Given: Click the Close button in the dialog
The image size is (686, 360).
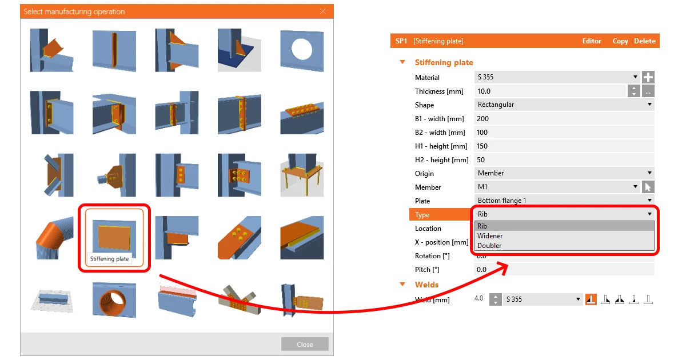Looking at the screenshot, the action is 305,344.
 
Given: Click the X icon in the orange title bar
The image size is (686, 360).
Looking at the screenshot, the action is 322,11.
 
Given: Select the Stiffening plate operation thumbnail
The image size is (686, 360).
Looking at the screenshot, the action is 114,238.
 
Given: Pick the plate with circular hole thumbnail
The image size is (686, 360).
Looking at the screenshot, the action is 302,50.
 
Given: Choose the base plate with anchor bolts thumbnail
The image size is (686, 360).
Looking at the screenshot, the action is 302,175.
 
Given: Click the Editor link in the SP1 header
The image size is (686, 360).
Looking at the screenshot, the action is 591,41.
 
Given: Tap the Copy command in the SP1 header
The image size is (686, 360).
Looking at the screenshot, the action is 620,41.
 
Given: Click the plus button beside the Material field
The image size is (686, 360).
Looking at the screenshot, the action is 648,77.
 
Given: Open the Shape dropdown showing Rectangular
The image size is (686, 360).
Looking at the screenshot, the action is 564,105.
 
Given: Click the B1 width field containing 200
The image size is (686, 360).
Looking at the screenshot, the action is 564,118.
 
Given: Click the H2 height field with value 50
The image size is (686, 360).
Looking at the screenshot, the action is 564,160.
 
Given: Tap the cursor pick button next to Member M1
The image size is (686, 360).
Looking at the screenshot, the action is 648,187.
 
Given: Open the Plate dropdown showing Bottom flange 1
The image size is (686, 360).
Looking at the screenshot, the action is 564,201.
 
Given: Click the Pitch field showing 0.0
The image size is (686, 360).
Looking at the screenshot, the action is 564,269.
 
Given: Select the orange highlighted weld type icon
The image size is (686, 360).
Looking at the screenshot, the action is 591,299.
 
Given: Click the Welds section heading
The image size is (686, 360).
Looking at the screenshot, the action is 426,285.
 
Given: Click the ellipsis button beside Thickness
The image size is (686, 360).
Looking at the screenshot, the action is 648,91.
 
